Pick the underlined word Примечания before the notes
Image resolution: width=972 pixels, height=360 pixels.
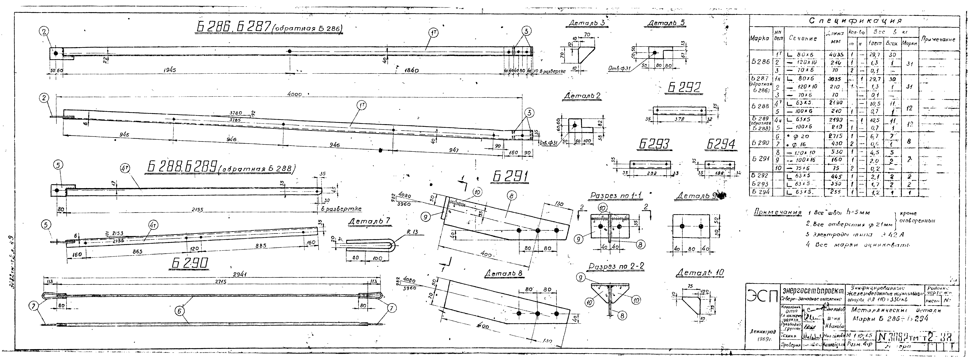(777, 213)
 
